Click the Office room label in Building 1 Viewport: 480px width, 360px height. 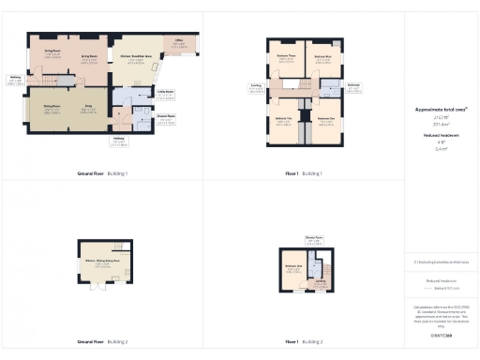[x=178, y=43]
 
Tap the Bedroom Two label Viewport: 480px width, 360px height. [x=283, y=119]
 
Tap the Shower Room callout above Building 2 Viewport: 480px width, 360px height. [x=313, y=239]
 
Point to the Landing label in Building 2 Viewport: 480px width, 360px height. [x=321, y=281]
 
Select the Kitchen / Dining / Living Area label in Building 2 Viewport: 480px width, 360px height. [x=104, y=261]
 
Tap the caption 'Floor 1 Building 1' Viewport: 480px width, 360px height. [x=304, y=174]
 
